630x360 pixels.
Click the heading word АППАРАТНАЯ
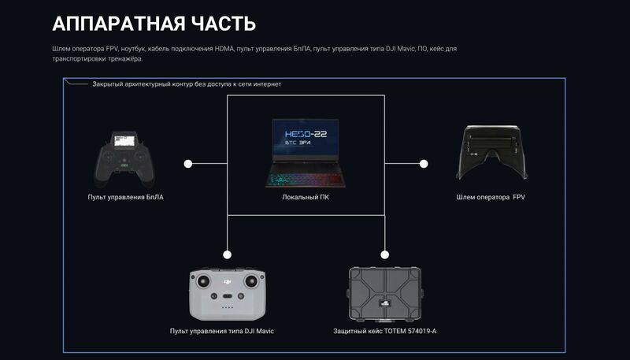coord(119,24)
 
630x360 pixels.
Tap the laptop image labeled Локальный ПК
coord(306,153)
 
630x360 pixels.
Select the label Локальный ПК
coord(306,197)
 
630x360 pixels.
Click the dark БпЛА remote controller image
coord(124,158)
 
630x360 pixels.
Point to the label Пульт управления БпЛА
coord(126,197)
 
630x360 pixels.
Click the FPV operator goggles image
coord(491,152)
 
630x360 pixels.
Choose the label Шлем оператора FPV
coord(491,197)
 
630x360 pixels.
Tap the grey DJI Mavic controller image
coord(228,293)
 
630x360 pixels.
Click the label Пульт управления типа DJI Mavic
coord(222,332)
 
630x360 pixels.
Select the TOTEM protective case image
coord(384,295)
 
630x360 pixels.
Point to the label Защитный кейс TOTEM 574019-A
coord(384,332)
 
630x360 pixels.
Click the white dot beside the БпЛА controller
coord(188,164)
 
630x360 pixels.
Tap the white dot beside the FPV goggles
coord(424,164)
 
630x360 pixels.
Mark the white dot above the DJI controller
coord(228,254)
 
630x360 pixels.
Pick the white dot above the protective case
coord(385,254)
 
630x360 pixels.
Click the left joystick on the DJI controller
coord(204,280)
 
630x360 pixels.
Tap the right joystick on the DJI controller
coord(252,280)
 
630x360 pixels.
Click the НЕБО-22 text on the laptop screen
coord(306,134)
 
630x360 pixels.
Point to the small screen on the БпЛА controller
coord(124,140)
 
